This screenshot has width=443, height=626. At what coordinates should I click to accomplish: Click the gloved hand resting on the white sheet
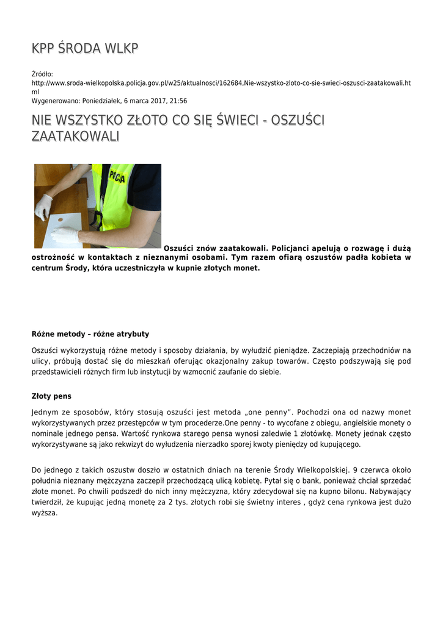[65, 235]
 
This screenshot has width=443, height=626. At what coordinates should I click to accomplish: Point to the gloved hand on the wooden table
[43, 207]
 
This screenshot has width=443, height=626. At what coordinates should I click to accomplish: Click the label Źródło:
[43, 73]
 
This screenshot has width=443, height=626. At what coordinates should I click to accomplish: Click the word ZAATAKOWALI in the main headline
[75, 136]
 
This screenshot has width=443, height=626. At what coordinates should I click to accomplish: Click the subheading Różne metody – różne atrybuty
[90, 334]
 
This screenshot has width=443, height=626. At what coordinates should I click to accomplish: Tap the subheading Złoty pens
[51, 396]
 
